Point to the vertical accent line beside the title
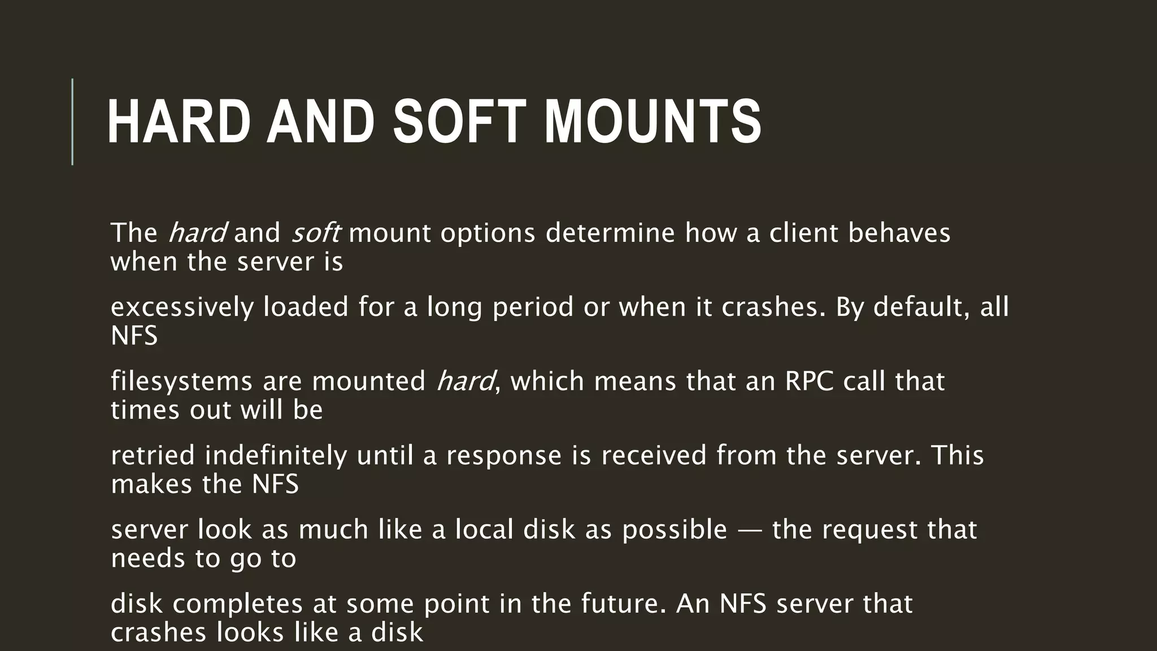pyautogui.click(x=72, y=121)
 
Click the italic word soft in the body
pyautogui.click(x=315, y=233)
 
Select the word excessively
pyautogui.click(x=182, y=307)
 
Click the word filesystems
pyautogui.click(x=181, y=381)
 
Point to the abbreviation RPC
pyautogui.click(x=809, y=381)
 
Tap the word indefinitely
pyautogui.click(x=276, y=455)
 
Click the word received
pyautogui.click(x=654, y=455)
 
